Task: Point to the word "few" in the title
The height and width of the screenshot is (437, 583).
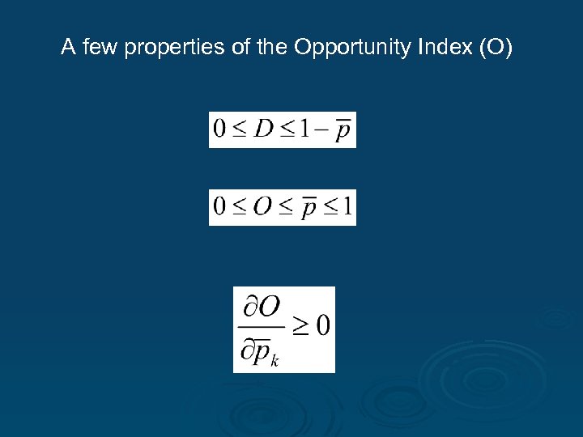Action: tap(93, 49)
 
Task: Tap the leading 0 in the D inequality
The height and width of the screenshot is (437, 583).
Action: tap(219, 129)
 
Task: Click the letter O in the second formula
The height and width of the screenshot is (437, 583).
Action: tap(262, 207)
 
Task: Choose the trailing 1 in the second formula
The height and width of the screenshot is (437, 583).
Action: tap(346, 207)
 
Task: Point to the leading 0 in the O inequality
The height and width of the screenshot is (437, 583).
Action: tap(219, 207)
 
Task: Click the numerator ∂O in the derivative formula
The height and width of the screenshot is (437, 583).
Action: tap(261, 307)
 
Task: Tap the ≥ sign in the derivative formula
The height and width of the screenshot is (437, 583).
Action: tap(300, 326)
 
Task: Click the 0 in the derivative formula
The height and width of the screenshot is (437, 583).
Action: tap(322, 326)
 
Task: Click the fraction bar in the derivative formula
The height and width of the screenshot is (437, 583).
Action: tap(262, 328)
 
